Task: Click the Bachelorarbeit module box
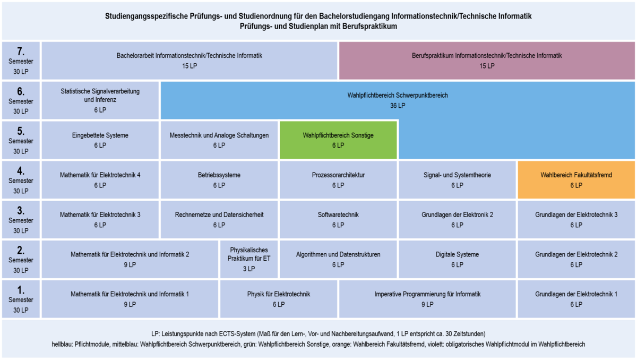(x=190, y=61)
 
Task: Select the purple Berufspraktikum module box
(x=487, y=61)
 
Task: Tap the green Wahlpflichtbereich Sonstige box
(x=338, y=140)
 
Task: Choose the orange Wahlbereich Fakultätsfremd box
(x=576, y=179)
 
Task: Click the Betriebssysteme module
(x=219, y=179)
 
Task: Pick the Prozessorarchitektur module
(x=338, y=179)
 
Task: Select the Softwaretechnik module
(x=338, y=219)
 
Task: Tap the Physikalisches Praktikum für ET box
(x=249, y=259)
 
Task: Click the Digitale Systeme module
(x=457, y=259)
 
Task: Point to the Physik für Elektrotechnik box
(x=279, y=299)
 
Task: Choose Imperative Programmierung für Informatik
(x=427, y=299)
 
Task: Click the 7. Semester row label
(x=21, y=61)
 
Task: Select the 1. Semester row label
(x=21, y=299)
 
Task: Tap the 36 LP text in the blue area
(x=398, y=106)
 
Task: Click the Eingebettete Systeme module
(x=100, y=140)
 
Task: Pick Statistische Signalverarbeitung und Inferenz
(x=100, y=100)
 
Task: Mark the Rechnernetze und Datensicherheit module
(x=219, y=219)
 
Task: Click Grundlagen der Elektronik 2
(x=457, y=219)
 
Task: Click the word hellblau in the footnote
(x=62, y=345)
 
